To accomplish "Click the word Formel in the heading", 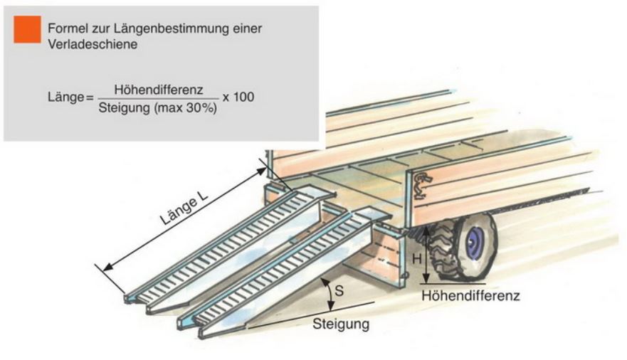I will click(x=65, y=28).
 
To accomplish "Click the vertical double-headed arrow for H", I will click(x=426, y=257).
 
